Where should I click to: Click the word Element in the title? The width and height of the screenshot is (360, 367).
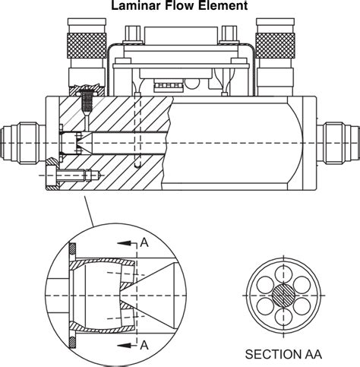pyautogui.click(x=223, y=5)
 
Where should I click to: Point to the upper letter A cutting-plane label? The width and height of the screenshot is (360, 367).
pyautogui.click(x=144, y=242)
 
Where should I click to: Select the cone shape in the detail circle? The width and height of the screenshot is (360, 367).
pyautogui.click(x=156, y=293)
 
